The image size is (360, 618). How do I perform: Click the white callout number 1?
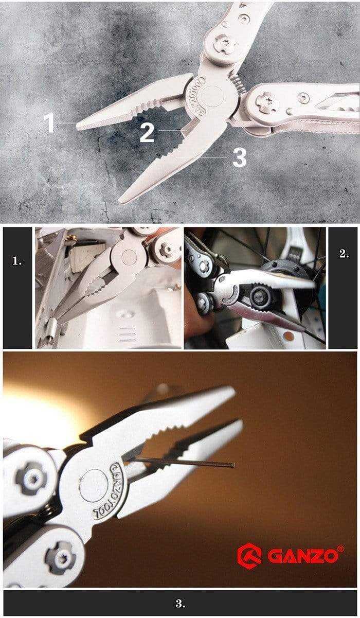coord(49,123)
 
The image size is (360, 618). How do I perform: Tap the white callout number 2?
coord(147,132)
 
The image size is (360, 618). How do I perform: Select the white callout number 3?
coord(239,157)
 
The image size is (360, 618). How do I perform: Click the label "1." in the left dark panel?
coord(17,261)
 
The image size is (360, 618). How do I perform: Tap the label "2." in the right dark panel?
coord(344,254)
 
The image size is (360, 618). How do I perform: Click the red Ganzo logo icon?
coord(249,555)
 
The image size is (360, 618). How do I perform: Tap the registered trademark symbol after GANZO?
coord(340,549)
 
